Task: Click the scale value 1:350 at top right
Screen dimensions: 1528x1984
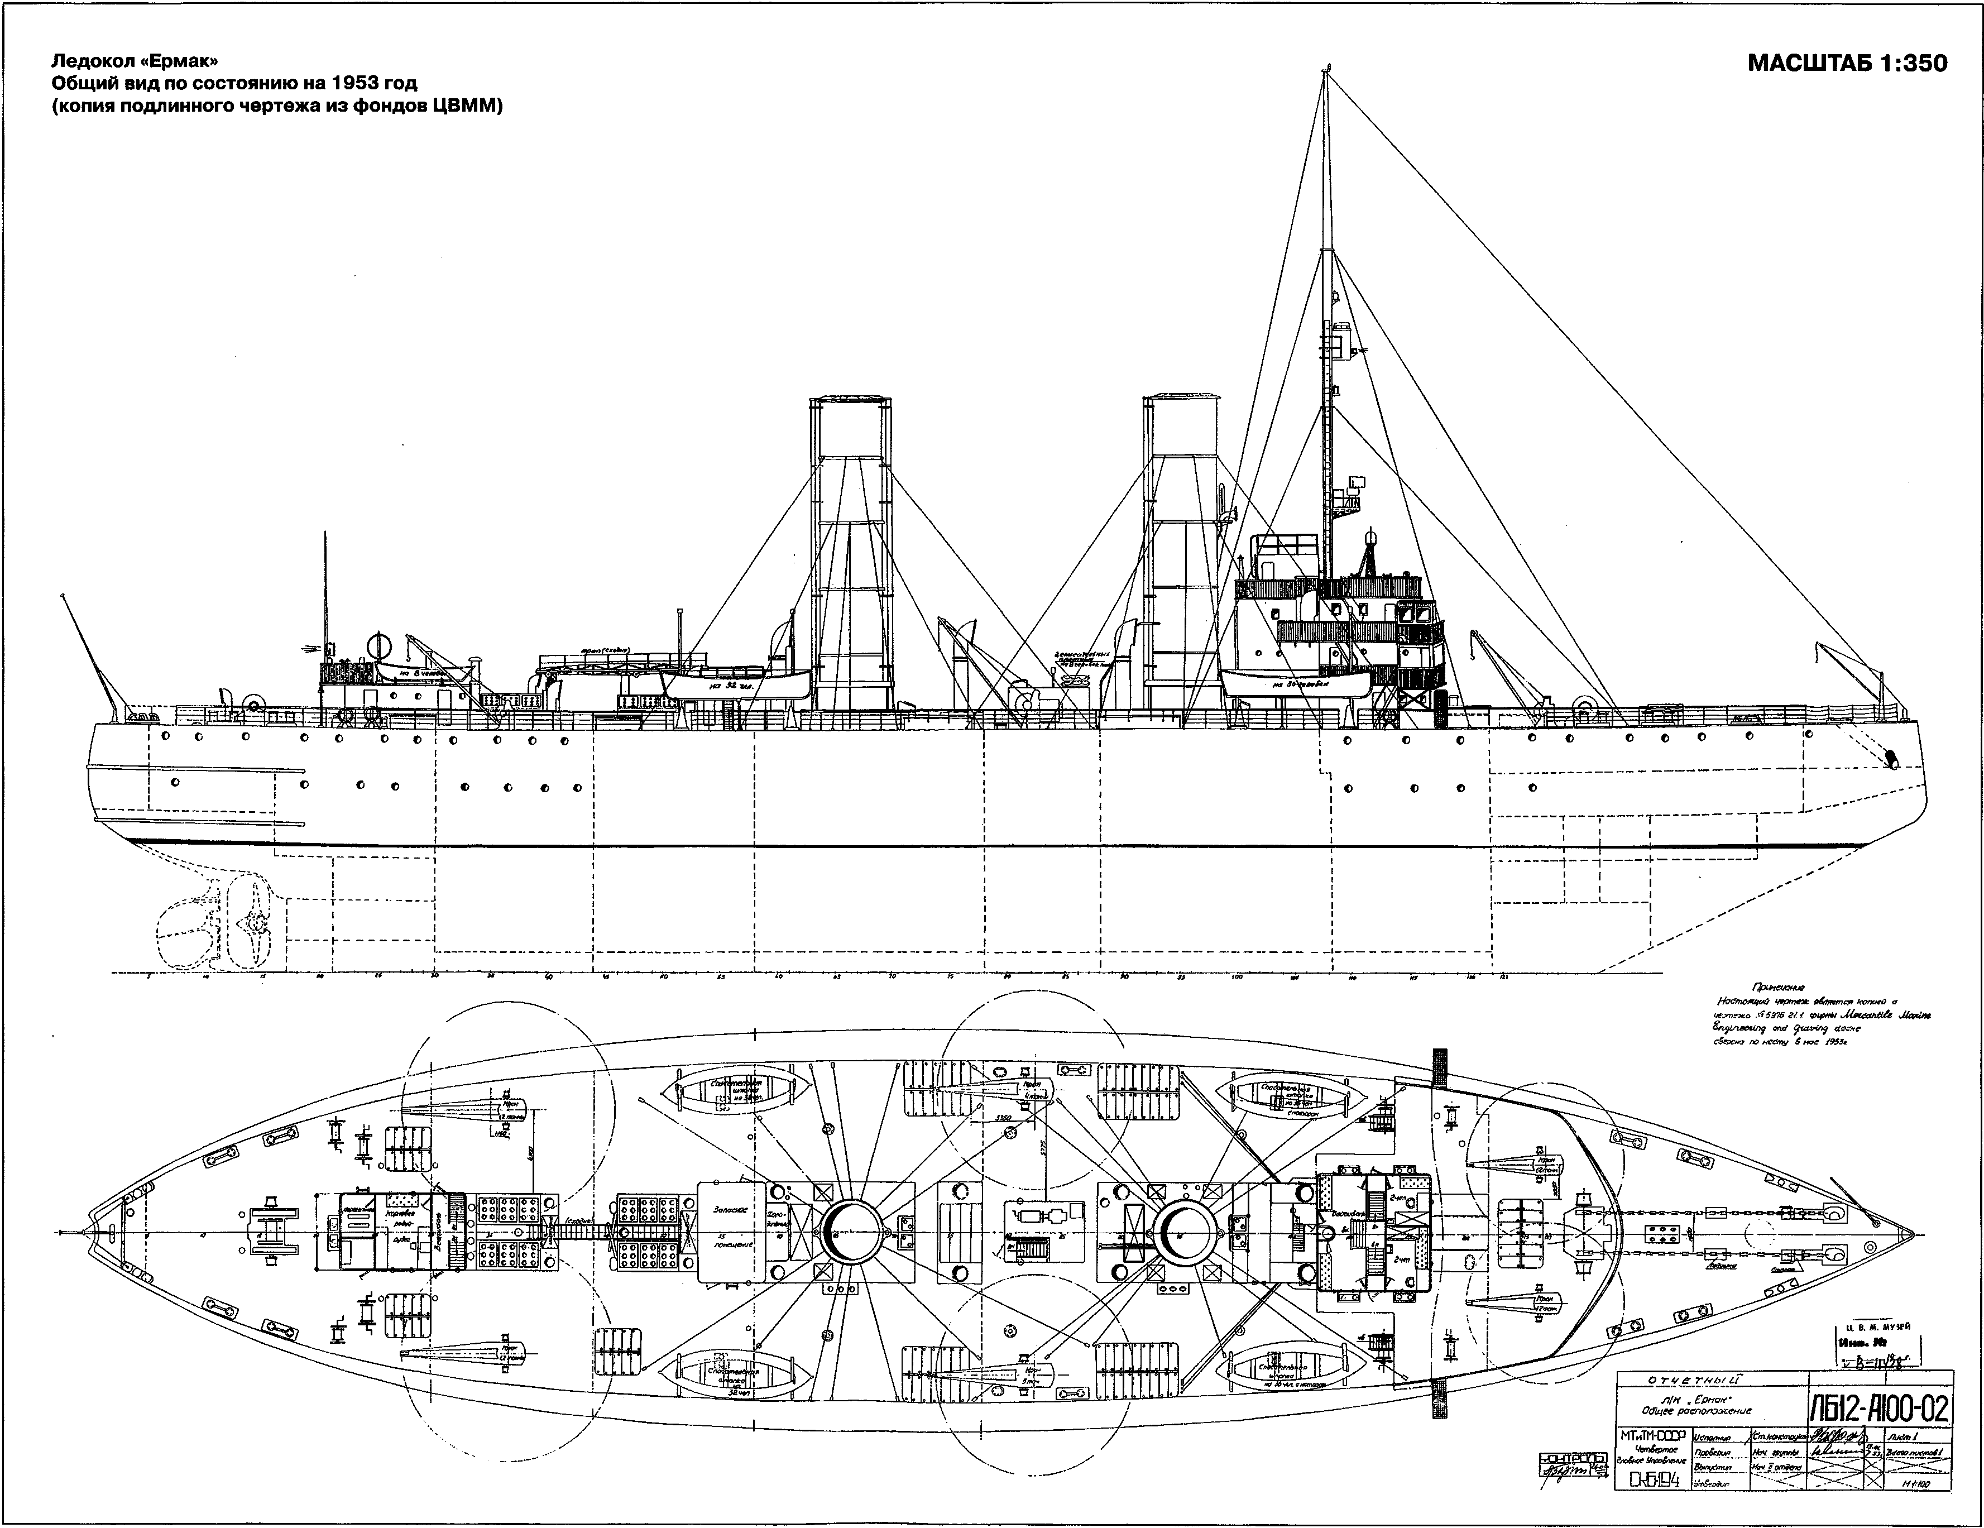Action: pos(1900,64)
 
